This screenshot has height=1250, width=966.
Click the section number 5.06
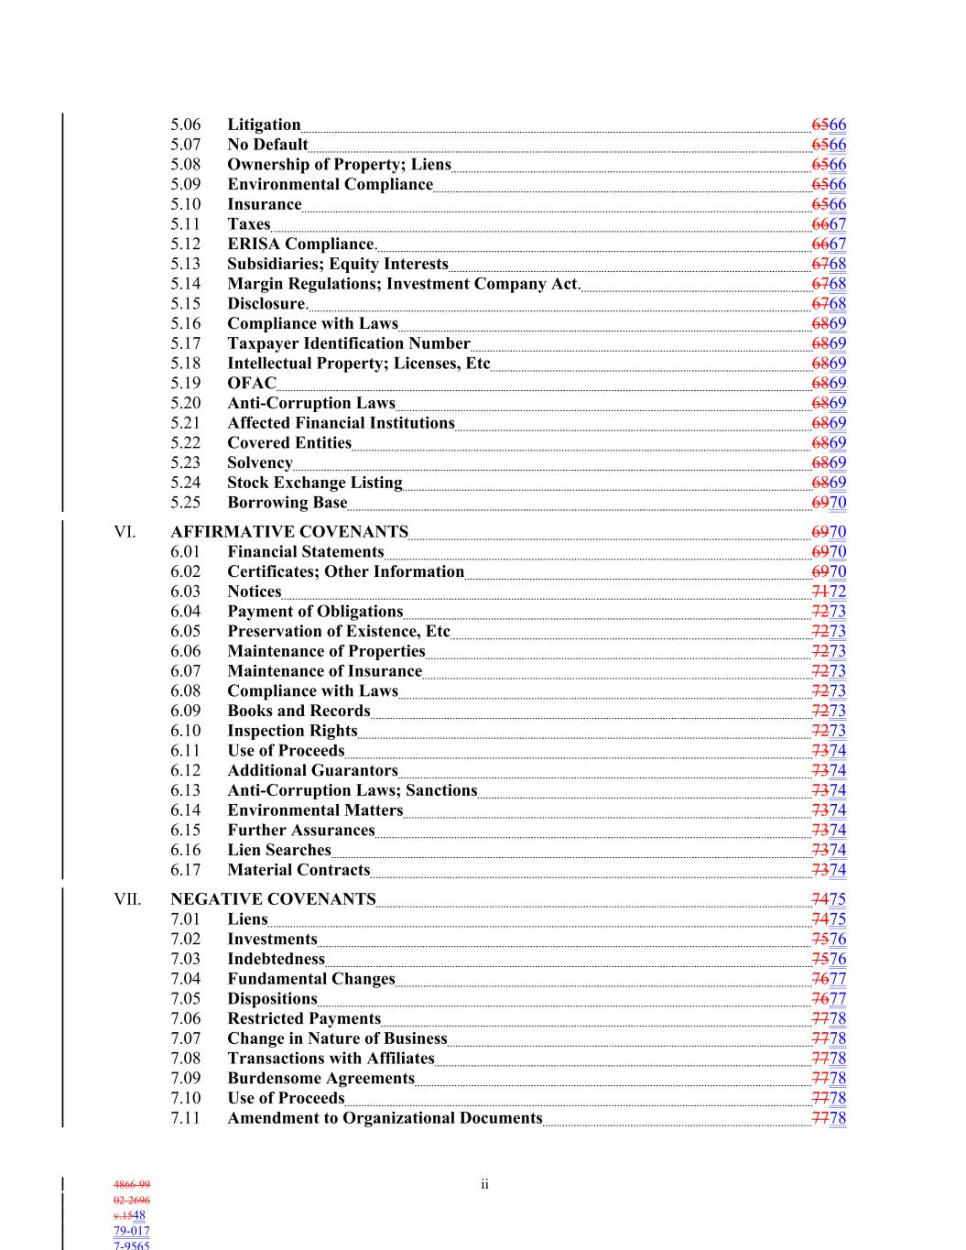click(185, 125)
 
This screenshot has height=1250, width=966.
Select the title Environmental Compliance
click(330, 184)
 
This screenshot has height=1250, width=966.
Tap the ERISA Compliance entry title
click(301, 244)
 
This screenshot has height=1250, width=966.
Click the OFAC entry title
click(251, 383)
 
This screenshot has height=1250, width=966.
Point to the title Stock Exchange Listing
click(314, 483)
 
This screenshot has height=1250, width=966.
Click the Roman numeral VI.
click(125, 532)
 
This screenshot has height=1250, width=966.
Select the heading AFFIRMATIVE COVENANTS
click(289, 532)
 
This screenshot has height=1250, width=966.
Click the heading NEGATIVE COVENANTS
click(273, 899)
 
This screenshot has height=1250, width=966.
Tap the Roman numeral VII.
click(127, 899)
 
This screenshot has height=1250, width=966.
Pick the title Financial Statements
click(305, 551)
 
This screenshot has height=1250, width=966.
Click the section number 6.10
click(185, 731)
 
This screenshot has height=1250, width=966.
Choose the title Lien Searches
click(278, 850)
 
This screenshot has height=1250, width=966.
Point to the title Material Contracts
click(298, 870)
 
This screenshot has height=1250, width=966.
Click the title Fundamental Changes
click(310, 979)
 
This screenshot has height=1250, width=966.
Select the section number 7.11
click(185, 1118)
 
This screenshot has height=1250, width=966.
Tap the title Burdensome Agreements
click(320, 1078)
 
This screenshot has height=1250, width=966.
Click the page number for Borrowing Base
click(829, 503)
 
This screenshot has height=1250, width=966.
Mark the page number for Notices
click(829, 592)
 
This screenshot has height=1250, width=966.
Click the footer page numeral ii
click(484, 1185)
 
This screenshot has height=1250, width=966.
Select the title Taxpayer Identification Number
click(348, 343)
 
